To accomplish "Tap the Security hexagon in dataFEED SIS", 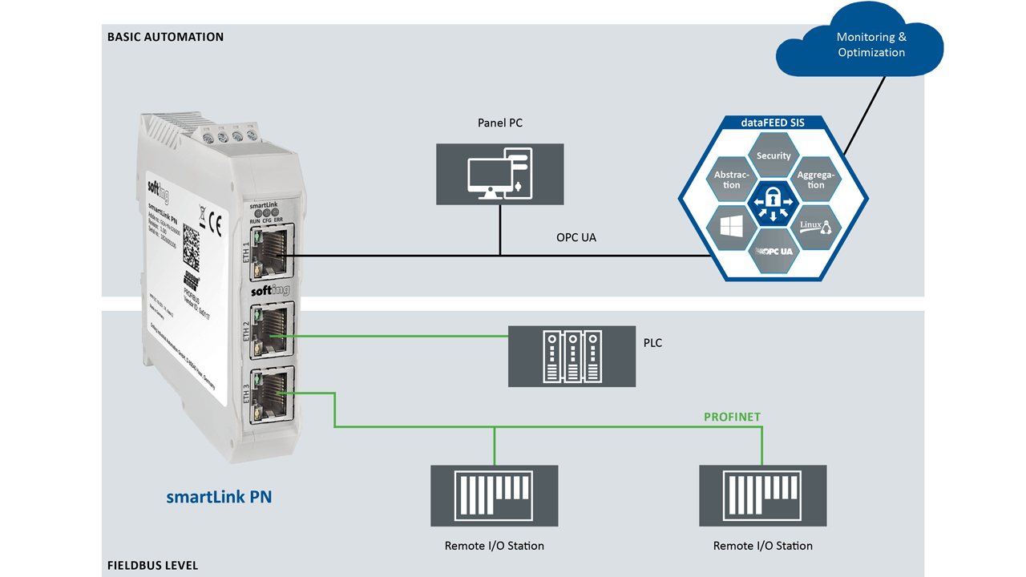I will click(x=774, y=155).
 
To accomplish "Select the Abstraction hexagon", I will click(x=732, y=180).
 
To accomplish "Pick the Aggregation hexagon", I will click(x=815, y=180).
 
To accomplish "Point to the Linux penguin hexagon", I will click(x=815, y=227).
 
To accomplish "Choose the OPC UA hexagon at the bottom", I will click(x=774, y=251).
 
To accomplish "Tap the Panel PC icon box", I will click(x=499, y=174).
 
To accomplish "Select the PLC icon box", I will click(x=572, y=355).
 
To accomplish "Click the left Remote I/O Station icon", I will click(x=494, y=494).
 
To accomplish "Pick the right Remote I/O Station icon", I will click(x=762, y=494).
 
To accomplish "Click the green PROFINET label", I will click(x=732, y=417).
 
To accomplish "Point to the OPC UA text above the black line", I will click(x=576, y=238).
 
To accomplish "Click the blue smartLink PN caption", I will click(x=219, y=497).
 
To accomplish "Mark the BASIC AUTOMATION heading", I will click(x=165, y=37).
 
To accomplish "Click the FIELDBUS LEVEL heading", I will click(x=152, y=566).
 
